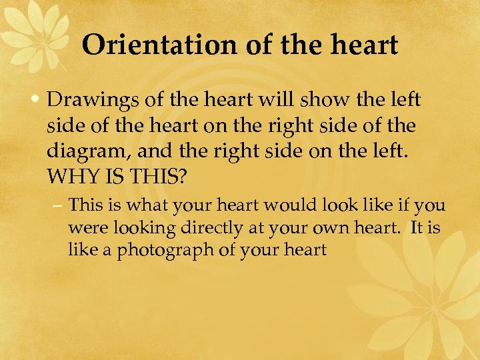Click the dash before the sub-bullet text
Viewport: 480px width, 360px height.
coord(59,205)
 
